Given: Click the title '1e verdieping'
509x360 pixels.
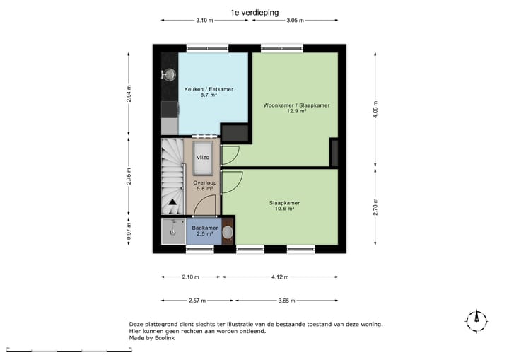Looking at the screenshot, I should pyautogui.click(x=254, y=12).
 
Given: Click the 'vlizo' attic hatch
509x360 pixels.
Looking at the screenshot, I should pyautogui.click(x=202, y=156).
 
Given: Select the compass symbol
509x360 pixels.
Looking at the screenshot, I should pyautogui.click(x=477, y=320).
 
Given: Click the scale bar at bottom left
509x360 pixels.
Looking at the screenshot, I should pyautogui.click(x=57, y=350).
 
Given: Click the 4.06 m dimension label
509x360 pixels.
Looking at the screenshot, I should pyautogui.click(x=376, y=110).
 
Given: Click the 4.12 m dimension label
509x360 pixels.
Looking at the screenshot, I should pyautogui.click(x=281, y=277).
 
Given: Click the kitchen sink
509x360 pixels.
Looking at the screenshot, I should pyautogui.click(x=169, y=73).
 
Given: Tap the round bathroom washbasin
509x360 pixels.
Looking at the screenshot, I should pyautogui.click(x=228, y=232).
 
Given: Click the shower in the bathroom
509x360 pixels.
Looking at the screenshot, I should pyautogui.click(x=170, y=231).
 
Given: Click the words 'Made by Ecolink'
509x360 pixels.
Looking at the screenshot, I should pyautogui.click(x=151, y=338).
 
